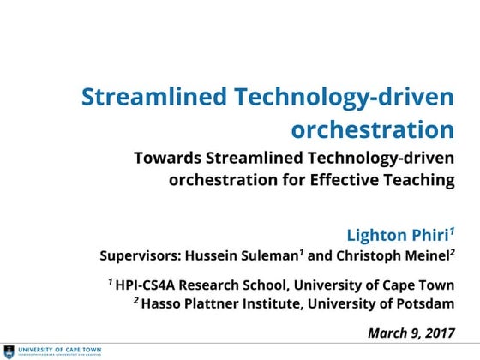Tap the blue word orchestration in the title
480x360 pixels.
click(372, 129)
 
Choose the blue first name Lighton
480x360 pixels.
click(375, 235)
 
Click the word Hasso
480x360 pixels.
click(162, 303)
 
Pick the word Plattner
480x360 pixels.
click(212, 303)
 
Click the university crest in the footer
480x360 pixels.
click(9, 351)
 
